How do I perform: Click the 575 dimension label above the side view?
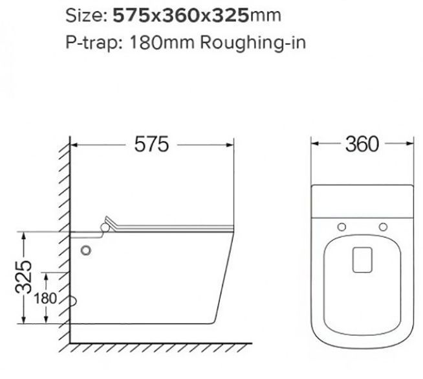coord(151,144)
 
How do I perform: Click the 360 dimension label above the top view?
coord(362,144)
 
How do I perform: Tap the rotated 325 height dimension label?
coord(24,277)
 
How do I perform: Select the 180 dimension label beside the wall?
coord(45,299)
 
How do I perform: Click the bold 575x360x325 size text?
coord(180,15)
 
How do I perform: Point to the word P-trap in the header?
coord(92,43)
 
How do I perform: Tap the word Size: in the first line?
coord(86,16)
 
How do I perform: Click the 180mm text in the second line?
coord(162,42)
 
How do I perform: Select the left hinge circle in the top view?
coord(342,227)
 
